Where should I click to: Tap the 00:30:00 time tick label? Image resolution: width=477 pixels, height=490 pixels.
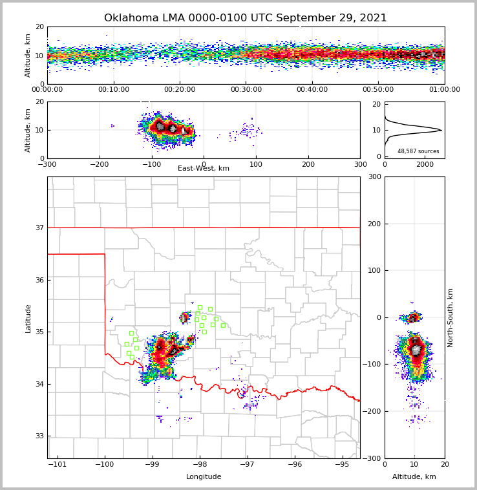pos(246,90)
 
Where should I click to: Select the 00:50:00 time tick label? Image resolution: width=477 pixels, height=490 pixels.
pos(378,90)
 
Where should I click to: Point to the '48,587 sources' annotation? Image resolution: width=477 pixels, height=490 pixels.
pos(418,151)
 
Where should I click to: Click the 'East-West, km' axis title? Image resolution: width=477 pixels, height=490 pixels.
pos(204,169)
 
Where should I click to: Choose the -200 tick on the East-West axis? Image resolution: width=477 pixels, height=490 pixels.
pos(99,164)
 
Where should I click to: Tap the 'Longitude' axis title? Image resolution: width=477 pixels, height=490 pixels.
pos(204,477)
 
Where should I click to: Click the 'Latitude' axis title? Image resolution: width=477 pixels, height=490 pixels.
pos(28,318)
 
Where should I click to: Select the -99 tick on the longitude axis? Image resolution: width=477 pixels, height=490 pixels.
pos(152,465)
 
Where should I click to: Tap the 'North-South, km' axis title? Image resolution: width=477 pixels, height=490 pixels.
pos(450,317)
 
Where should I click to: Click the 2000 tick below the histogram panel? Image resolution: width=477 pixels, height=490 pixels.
pos(425,164)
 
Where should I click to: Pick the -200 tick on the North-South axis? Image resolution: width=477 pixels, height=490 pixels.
pos(373,411)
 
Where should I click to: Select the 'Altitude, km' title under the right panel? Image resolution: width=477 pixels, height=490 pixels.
pos(414,477)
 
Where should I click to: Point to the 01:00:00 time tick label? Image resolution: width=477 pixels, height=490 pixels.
pos(445,90)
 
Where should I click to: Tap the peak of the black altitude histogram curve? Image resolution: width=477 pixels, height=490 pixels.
pos(441,130)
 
